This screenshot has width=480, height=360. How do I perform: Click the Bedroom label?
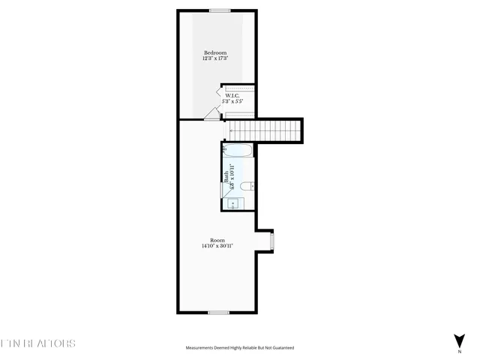point(215,52)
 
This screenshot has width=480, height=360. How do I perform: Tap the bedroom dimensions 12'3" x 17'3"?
point(215,58)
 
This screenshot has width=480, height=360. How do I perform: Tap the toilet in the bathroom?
point(253,185)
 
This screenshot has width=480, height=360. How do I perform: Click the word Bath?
point(226,178)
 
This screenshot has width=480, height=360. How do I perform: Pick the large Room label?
point(217,240)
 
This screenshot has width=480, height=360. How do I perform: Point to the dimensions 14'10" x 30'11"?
point(217,246)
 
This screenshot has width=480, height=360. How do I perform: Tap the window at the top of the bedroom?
point(219,10)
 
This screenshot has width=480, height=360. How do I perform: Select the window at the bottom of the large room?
point(218,312)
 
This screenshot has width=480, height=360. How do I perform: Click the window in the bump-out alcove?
point(272,241)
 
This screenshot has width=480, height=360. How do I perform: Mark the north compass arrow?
point(459,339)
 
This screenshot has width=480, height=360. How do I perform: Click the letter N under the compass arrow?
point(459,351)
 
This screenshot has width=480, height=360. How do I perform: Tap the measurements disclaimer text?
point(240,348)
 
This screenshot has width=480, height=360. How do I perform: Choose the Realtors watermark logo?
point(37,344)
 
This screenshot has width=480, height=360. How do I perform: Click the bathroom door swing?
point(227,190)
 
